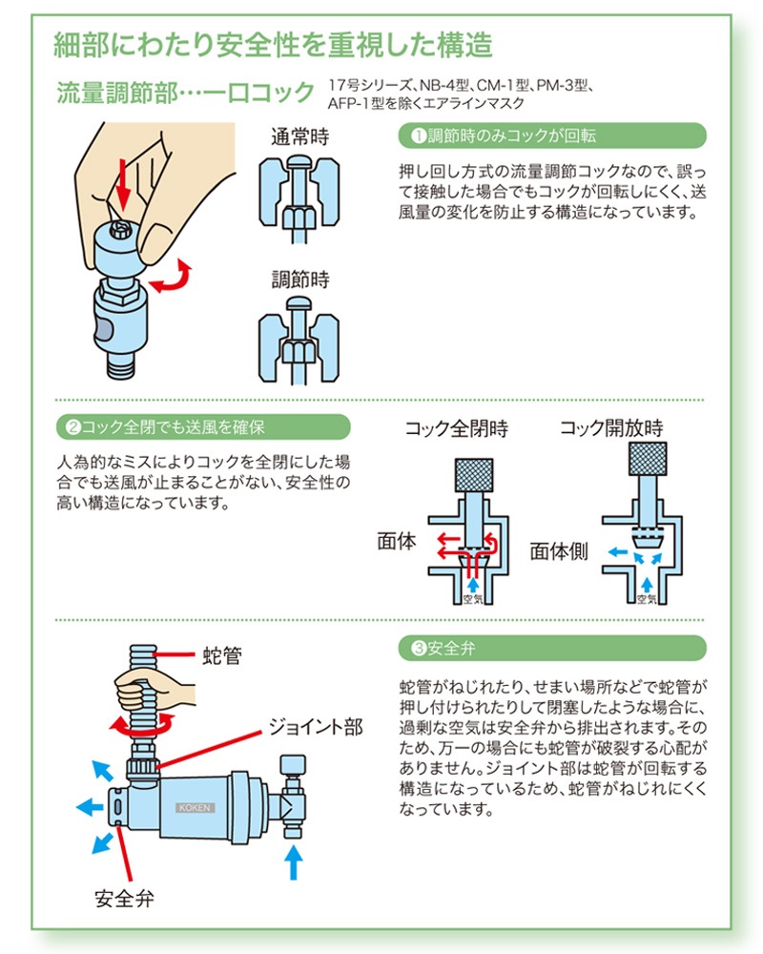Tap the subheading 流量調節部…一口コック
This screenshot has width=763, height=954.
(185, 93)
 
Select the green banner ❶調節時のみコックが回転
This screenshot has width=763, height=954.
(550, 135)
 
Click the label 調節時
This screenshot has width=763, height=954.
(300, 280)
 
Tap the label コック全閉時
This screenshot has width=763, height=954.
(457, 428)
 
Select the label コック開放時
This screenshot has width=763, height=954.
(610, 428)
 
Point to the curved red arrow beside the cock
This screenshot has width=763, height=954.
(173, 280)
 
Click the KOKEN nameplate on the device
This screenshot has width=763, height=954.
(196, 806)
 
